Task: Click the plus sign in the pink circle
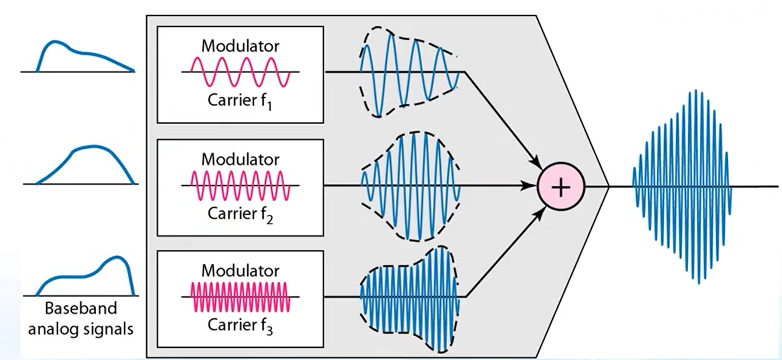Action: pos(560,188)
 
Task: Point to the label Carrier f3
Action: pos(240,324)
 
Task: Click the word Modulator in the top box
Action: pos(240,46)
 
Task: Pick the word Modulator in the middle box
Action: pos(240,158)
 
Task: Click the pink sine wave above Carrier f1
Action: pos(240,72)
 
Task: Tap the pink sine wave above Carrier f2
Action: pos(240,185)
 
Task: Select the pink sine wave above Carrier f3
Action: pos(240,297)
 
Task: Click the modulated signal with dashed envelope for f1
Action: pos(408,73)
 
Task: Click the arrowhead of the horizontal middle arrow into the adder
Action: pos(531,187)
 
